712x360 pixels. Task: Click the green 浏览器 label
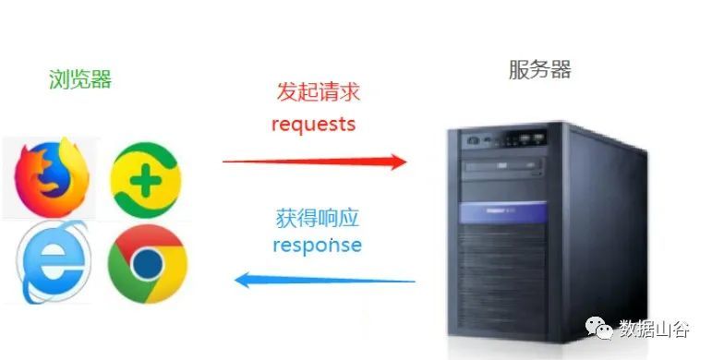(80, 79)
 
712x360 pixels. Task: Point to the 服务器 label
(540, 69)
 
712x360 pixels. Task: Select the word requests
(314, 124)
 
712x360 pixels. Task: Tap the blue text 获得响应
(317, 220)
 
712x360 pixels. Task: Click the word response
(317, 246)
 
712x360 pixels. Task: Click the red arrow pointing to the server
(314, 162)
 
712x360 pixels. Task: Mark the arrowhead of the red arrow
(398, 162)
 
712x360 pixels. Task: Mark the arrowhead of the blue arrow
(243, 279)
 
